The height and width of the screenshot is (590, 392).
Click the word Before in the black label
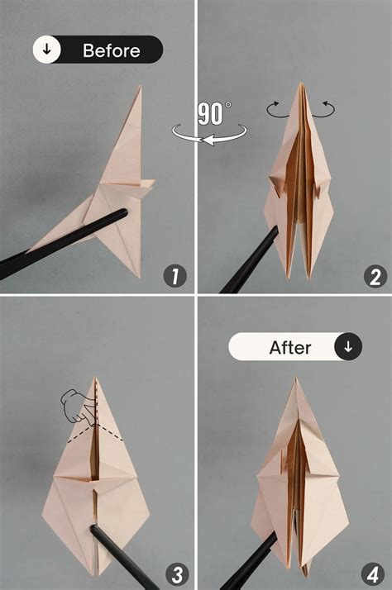pyautogui.click(x=111, y=50)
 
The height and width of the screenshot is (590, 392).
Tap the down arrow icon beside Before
pyautogui.click(x=47, y=50)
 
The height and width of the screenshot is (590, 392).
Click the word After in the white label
pyautogui.click(x=289, y=347)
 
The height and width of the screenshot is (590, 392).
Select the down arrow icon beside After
pyautogui.click(x=347, y=347)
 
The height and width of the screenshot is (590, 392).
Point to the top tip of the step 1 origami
pyautogui.click(x=140, y=87)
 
